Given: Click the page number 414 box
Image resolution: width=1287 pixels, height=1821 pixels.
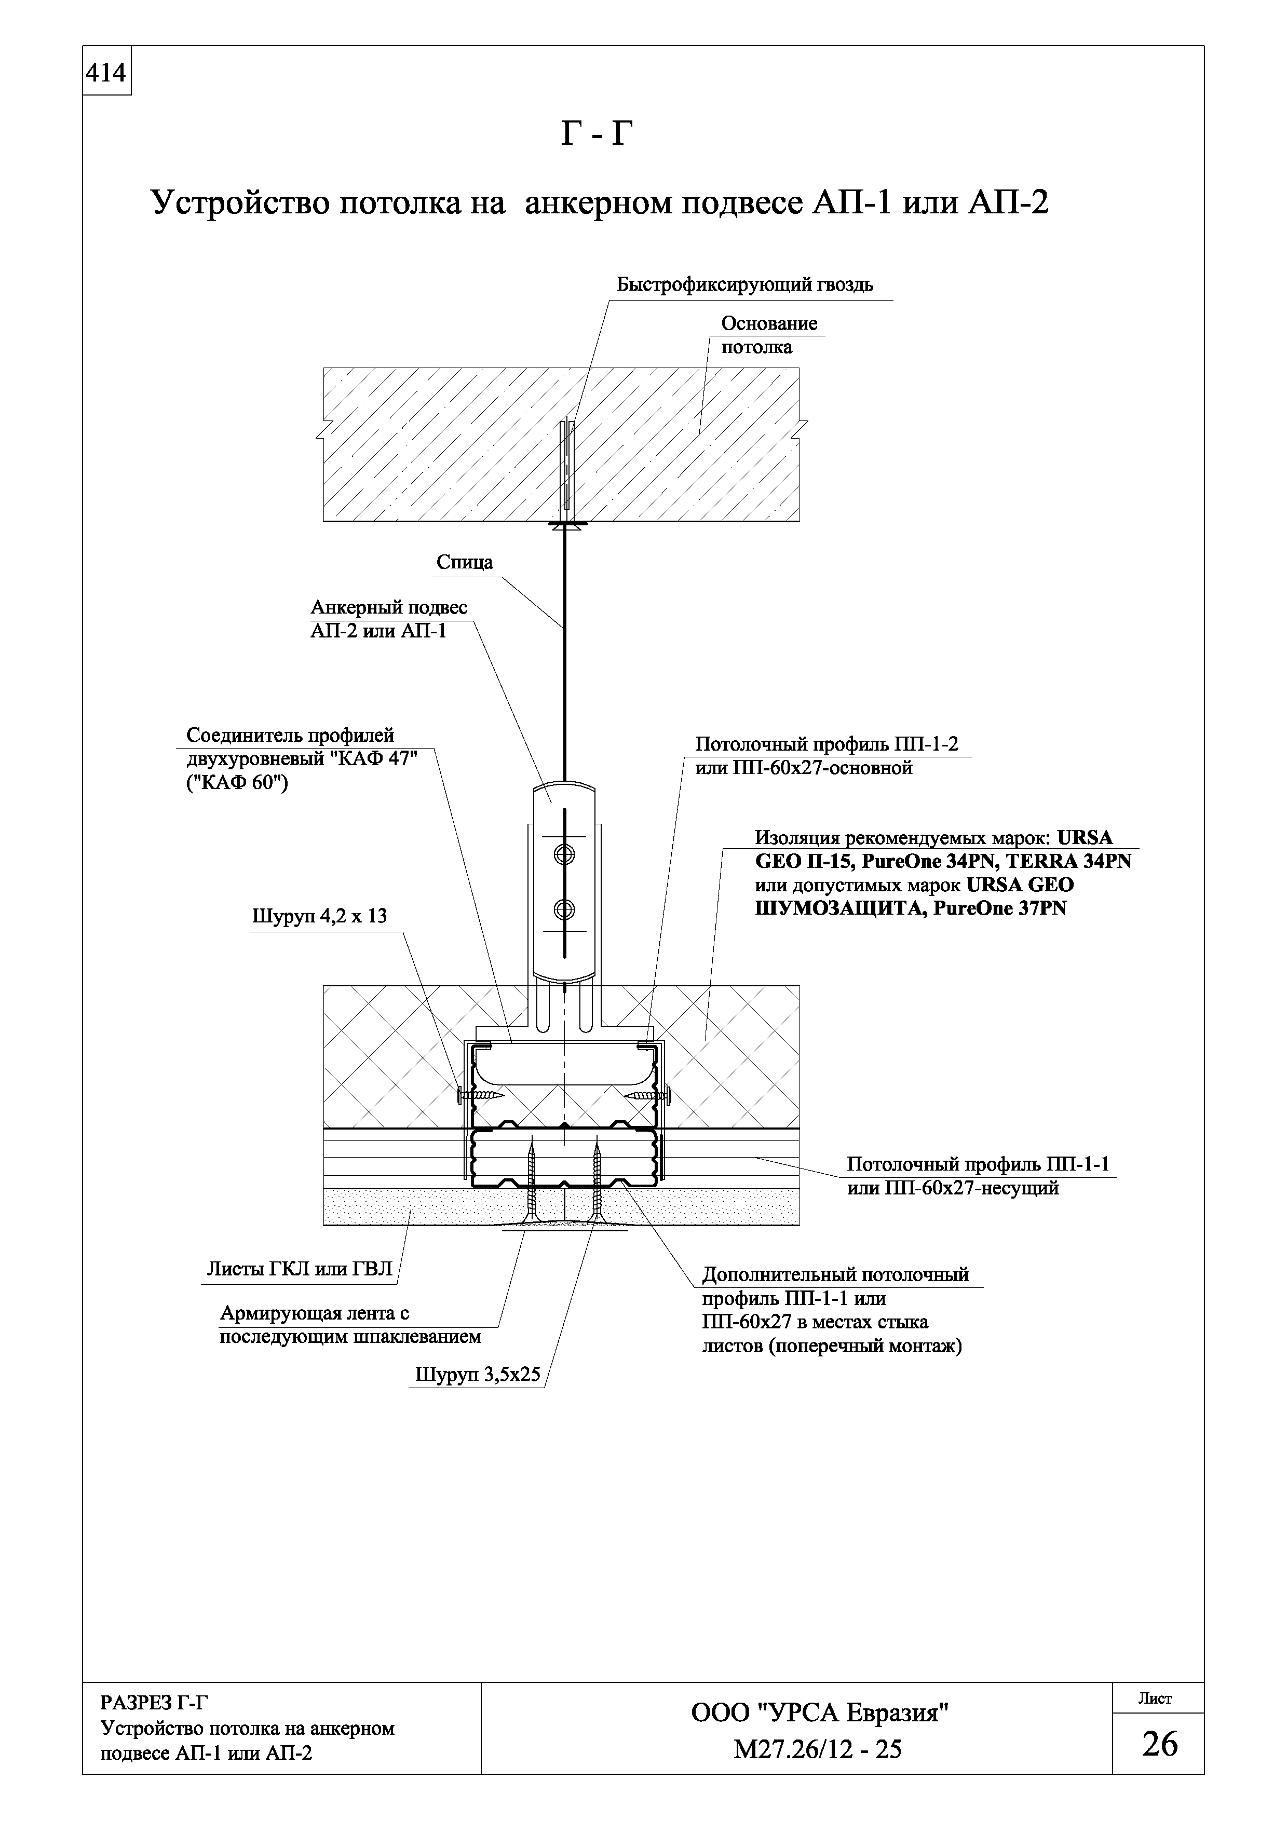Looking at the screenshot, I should (x=106, y=74).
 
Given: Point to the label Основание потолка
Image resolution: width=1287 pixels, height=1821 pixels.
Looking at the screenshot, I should (x=768, y=335).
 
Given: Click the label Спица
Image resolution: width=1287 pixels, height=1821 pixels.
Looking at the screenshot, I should (x=464, y=562).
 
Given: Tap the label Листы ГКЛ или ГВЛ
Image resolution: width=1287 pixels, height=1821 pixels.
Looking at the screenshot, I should (x=299, y=1269).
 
